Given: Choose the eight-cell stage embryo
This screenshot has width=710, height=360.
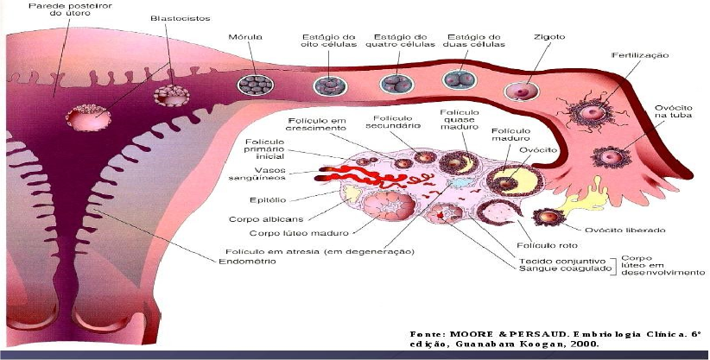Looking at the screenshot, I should (329, 85).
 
